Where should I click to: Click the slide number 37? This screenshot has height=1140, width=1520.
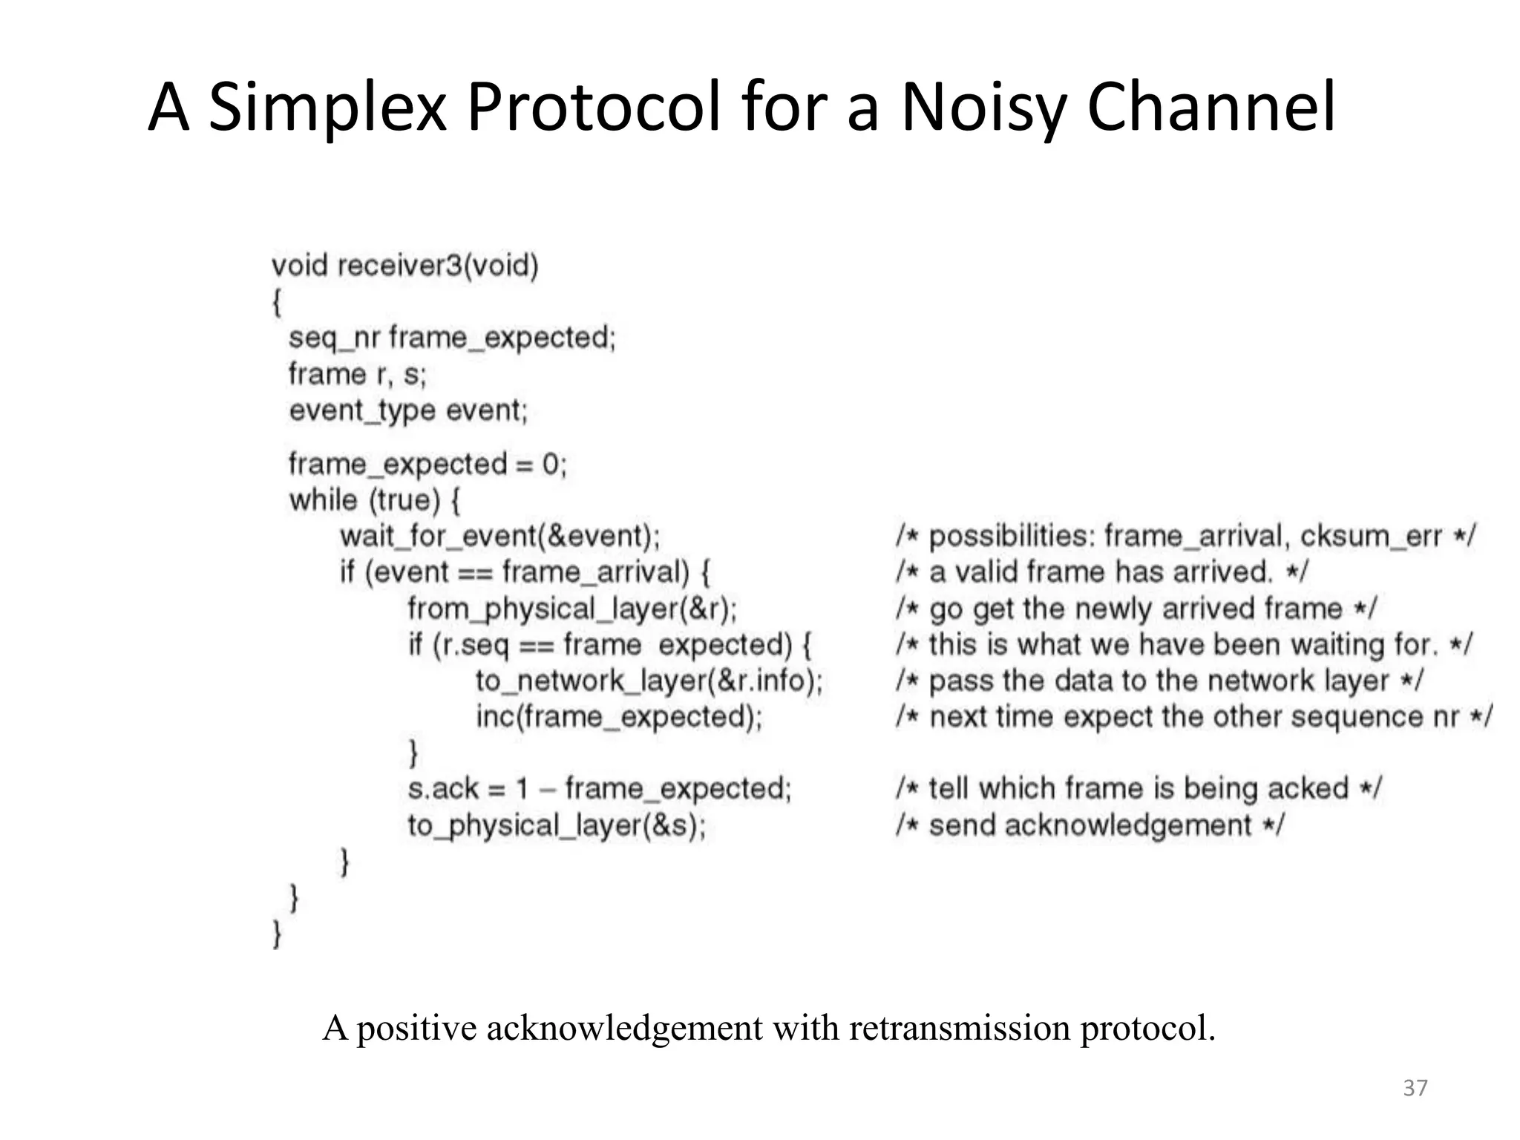point(1415,1088)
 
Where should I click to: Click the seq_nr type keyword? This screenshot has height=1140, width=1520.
point(334,338)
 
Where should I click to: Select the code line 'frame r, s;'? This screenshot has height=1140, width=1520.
point(358,374)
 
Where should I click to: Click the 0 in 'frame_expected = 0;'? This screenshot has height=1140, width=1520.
point(550,465)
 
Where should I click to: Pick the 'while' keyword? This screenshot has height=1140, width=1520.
point(323,500)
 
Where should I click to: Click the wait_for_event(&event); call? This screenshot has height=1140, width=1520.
point(500,536)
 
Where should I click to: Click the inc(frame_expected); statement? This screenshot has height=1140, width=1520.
point(619,717)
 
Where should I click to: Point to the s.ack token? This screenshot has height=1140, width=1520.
point(442,788)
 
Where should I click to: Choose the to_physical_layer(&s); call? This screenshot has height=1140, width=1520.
point(557,825)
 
